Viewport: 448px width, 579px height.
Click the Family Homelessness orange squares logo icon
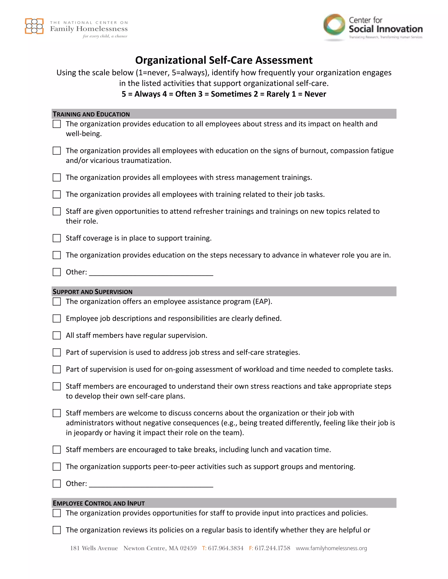[x=34, y=26]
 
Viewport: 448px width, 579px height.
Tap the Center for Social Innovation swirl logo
[x=334, y=25]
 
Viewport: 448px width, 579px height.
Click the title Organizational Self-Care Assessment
[x=224, y=60]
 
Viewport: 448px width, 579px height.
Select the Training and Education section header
[x=91, y=114]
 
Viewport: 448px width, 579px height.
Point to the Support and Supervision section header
[x=93, y=292]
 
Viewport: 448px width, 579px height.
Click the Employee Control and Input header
[x=99, y=503]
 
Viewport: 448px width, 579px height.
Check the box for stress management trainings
[x=56, y=177]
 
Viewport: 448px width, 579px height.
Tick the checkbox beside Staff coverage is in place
[x=56, y=238]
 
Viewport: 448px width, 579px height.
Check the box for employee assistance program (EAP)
[x=56, y=302]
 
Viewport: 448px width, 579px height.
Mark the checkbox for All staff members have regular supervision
[x=56, y=335]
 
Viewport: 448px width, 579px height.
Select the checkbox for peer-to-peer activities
[x=56, y=467]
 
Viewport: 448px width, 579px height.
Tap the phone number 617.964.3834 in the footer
[x=226, y=548]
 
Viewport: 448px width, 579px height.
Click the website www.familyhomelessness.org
[x=331, y=548]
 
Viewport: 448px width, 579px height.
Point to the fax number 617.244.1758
[x=272, y=548]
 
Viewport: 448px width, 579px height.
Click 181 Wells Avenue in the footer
[x=94, y=548]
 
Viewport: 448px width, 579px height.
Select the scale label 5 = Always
[x=140, y=94]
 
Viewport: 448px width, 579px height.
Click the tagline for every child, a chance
[x=105, y=36]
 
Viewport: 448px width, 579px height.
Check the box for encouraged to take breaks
[x=56, y=450]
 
